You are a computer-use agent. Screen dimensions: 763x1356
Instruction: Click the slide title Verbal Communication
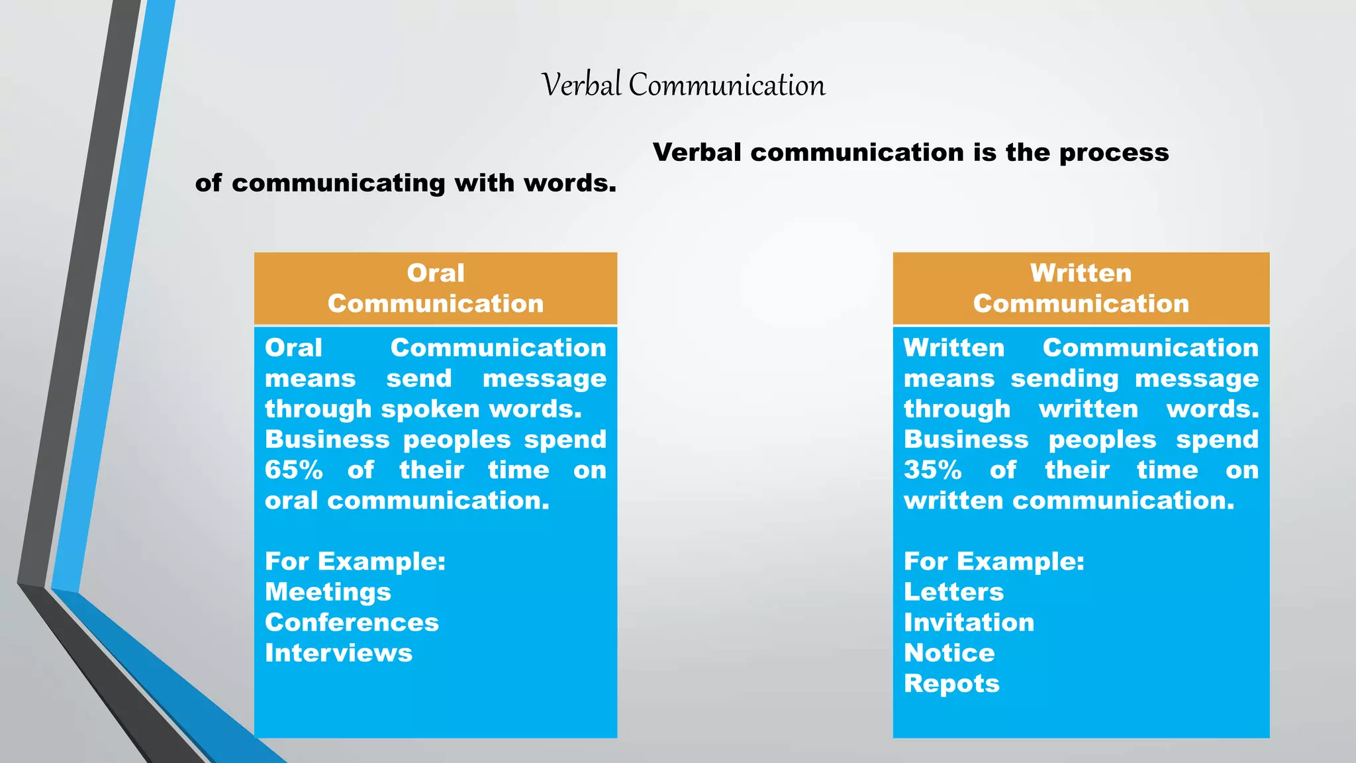click(x=683, y=85)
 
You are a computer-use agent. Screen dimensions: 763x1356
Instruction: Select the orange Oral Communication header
click(x=436, y=289)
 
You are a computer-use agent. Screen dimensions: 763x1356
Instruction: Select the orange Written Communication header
click(x=1081, y=289)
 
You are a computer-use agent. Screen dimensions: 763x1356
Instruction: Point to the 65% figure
click(x=294, y=470)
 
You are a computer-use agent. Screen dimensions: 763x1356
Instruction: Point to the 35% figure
click(x=932, y=470)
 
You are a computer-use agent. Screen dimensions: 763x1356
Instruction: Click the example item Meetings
click(x=328, y=592)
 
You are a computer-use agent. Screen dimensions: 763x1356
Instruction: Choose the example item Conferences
click(x=352, y=623)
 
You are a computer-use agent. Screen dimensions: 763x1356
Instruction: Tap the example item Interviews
click(x=338, y=653)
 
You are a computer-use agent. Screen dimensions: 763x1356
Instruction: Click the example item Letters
click(x=953, y=592)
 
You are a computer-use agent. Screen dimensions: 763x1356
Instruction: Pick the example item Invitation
click(x=969, y=623)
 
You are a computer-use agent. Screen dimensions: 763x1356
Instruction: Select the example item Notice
click(x=949, y=653)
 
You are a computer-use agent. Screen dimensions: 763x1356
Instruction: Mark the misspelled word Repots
click(x=951, y=684)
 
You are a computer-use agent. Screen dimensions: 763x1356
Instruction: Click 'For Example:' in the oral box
click(x=355, y=562)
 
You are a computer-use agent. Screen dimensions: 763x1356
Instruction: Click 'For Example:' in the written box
click(x=994, y=562)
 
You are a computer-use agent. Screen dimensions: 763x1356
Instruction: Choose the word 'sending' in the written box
click(x=1064, y=379)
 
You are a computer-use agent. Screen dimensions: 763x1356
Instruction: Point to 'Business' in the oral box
click(x=327, y=440)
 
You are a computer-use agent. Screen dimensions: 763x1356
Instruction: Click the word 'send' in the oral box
click(x=418, y=379)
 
